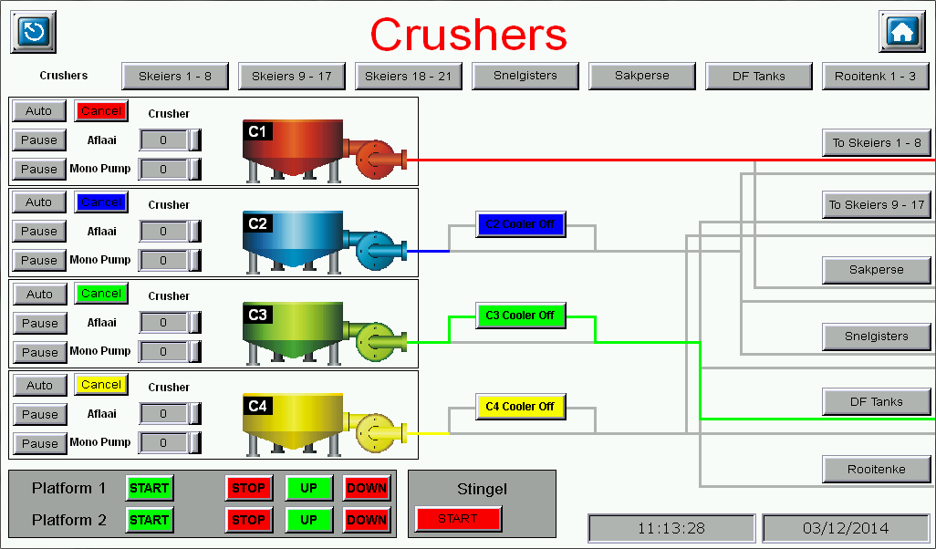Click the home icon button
point(901,32)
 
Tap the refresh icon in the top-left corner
point(34,32)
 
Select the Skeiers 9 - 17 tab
point(291,77)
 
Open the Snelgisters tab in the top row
point(525,76)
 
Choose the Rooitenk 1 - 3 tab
point(875,77)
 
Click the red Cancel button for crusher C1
point(100,111)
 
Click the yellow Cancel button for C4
point(100,385)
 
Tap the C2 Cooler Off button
point(520,224)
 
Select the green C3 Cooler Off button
point(520,316)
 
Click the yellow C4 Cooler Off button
point(520,407)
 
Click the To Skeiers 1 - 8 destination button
point(876,143)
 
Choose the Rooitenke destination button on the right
point(876,470)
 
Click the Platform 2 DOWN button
point(367,520)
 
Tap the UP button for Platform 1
point(308,488)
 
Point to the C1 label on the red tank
point(257,131)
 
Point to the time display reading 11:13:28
point(671,528)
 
